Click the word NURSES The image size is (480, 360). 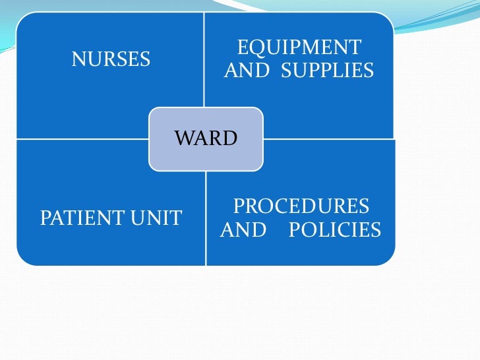click(111, 59)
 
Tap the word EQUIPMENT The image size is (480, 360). click(299, 47)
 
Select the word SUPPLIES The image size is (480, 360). click(327, 70)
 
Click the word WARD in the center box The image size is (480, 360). click(205, 138)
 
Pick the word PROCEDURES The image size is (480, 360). click(301, 207)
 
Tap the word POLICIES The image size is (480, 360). click(335, 229)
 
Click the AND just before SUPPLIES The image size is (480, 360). click(249, 70)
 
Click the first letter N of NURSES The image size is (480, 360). click(78, 59)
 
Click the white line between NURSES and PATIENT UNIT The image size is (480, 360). click(79, 139)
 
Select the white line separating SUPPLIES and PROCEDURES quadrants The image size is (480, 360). click(330, 139)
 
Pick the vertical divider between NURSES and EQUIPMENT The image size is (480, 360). click(204, 59)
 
